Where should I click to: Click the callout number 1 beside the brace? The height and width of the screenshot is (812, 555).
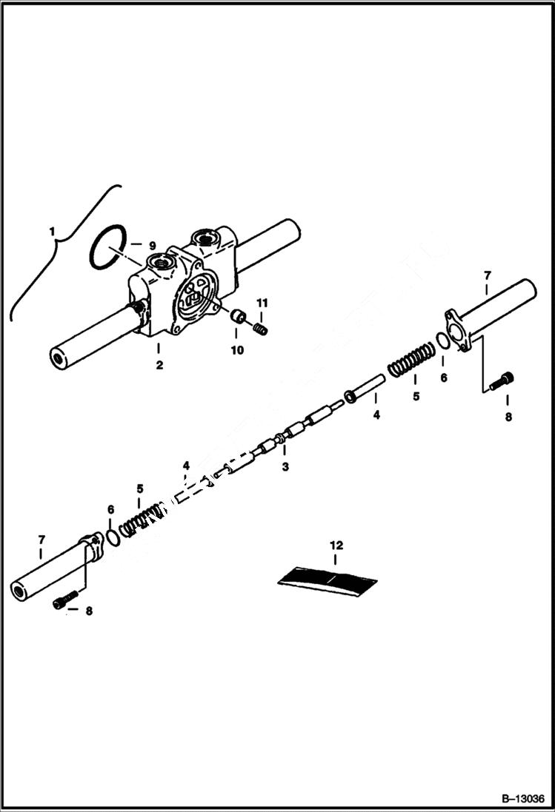pos(53,232)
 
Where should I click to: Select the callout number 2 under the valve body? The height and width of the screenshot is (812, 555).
pos(159,364)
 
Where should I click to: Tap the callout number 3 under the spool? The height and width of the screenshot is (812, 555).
pos(285,466)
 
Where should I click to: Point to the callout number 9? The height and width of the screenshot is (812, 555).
pos(152,245)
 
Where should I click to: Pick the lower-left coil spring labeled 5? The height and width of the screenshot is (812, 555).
pos(141,518)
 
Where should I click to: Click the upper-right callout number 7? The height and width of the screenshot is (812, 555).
pos(487,276)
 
